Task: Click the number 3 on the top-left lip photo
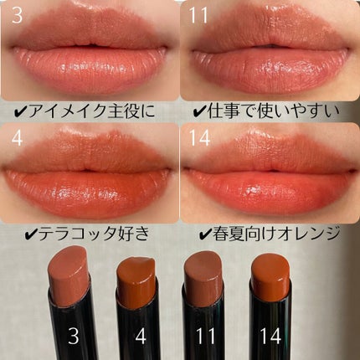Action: coord(17,15)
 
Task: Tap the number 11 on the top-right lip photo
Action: coord(198,15)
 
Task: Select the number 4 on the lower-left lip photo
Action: coord(17,139)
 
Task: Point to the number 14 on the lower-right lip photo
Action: coord(199,139)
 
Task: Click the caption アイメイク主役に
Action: coord(91,111)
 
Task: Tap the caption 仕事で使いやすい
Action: coord(274,111)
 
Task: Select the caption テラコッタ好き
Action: coord(94,234)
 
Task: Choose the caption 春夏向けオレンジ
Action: coord(276,234)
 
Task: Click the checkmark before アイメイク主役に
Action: coord(20,112)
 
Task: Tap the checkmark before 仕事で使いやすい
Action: coord(199,112)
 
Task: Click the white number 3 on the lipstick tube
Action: coord(74,336)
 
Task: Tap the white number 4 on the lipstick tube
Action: coord(141,336)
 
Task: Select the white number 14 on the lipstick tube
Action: coord(270,336)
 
